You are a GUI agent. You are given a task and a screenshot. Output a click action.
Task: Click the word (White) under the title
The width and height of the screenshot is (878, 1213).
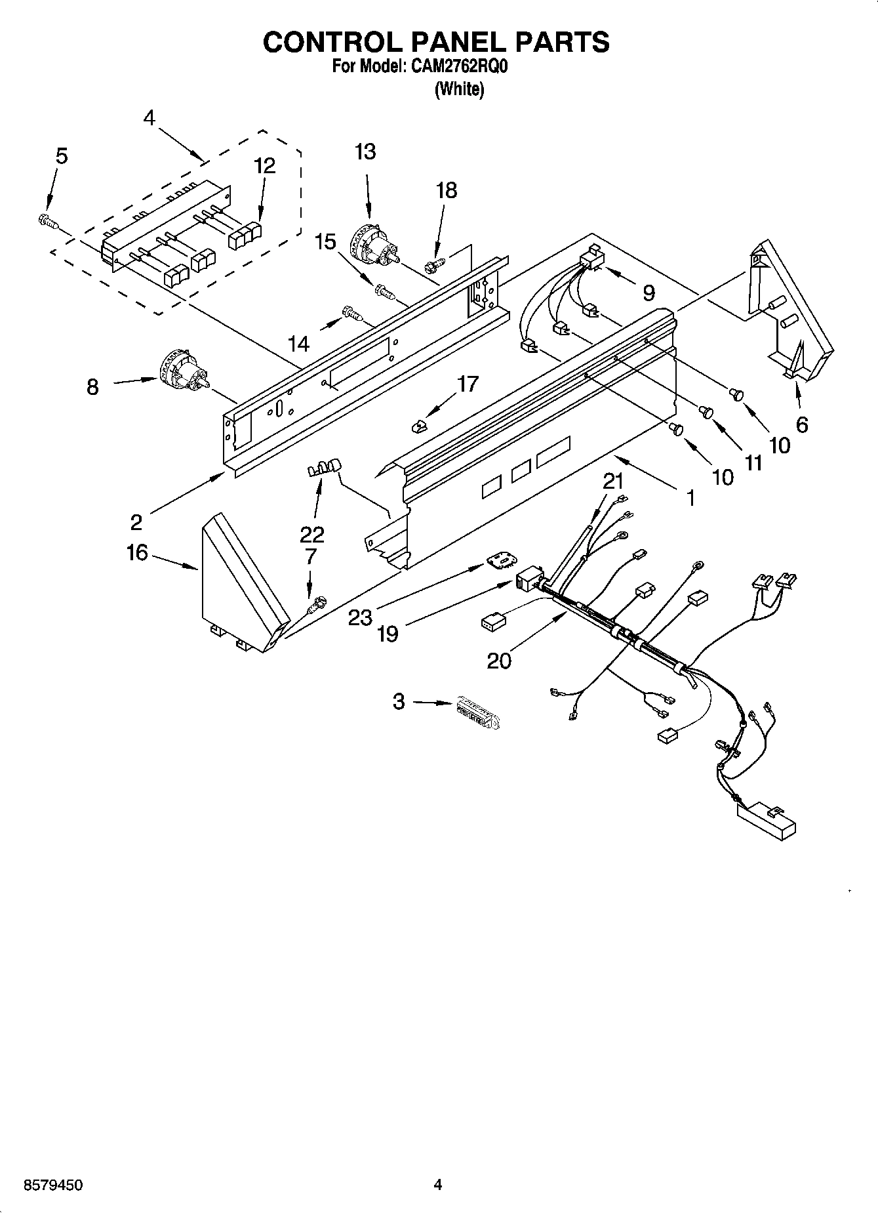(459, 90)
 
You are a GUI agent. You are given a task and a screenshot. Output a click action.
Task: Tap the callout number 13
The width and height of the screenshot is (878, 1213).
(365, 152)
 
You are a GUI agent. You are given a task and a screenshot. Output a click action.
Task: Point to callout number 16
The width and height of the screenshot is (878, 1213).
(137, 553)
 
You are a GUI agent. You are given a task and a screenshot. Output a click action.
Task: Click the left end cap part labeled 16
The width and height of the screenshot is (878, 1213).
(243, 583)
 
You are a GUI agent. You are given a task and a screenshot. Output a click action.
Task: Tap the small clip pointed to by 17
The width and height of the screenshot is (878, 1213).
(418, 427)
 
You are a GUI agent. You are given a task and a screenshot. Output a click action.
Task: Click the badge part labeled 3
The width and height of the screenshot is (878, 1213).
(473, 713)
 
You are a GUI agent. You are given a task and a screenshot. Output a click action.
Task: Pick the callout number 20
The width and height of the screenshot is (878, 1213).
(499, 660)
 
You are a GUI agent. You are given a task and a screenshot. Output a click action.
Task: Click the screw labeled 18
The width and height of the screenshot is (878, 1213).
(433, 265)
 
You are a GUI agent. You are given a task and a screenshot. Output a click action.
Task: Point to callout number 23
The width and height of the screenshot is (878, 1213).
(360, 617)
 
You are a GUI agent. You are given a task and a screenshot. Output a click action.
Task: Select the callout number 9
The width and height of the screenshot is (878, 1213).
(648, 293)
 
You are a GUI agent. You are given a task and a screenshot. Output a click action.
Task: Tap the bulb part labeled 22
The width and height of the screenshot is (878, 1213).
(325, 468)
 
